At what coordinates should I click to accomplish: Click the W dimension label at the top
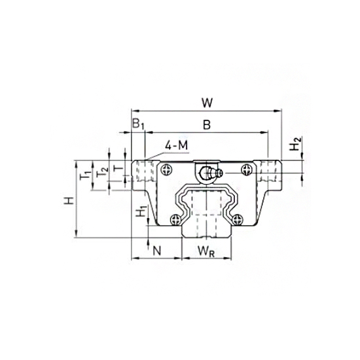click(206, 102)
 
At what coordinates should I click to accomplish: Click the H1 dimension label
click(139, 212)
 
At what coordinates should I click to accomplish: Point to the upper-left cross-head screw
click(171, 169)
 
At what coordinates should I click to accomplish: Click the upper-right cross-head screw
click(246, 169)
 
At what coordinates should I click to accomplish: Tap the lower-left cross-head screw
click(175, 219)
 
